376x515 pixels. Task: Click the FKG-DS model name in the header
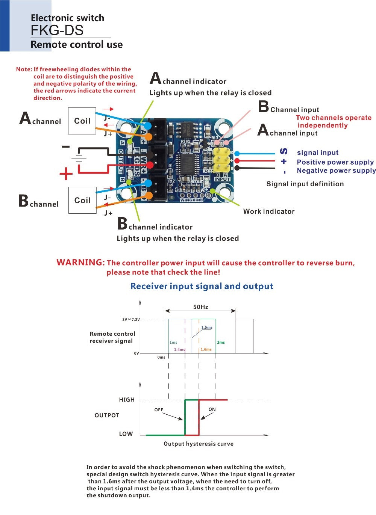click(x=57, y=30)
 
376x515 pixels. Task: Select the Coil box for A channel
click(x=82, y=121)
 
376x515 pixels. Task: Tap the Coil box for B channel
click(x=82, y=200)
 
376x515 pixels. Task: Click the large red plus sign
click(x=66, y=174)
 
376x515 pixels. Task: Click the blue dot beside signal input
click(x=237, y=154)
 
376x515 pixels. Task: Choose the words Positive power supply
click(x=335, y=162)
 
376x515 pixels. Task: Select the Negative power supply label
click(x=336, y=171)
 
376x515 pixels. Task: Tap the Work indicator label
click(x=269, y=211)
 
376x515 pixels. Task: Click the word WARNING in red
click(x=80, y=262)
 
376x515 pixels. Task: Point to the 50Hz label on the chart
click(x=201, y=307)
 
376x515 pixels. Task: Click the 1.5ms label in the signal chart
click(x=207, y=328)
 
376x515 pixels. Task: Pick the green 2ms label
click(x=221, y=342)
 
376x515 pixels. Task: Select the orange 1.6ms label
click(x=206, y=349)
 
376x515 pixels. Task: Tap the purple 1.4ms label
click(x=179, y=350)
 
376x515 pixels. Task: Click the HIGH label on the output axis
click(x=127, y=400)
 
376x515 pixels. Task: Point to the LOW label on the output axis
click(x=126, y=434)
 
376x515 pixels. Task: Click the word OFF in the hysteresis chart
click(x=159, y=410)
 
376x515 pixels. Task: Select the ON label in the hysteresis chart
click(x=212, y=409)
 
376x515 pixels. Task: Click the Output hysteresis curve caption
click(x=199, y=444)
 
